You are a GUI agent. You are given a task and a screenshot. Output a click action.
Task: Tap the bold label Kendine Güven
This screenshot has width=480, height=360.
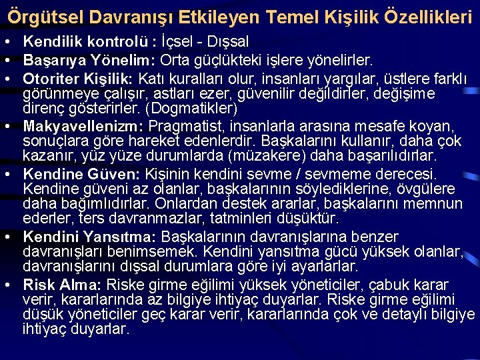[x=81, y=173]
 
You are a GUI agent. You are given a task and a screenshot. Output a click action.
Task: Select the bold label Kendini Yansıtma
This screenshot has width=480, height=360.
[x=89, y=237]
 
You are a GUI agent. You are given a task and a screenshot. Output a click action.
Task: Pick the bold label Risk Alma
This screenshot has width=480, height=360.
[x=61, y=285]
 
